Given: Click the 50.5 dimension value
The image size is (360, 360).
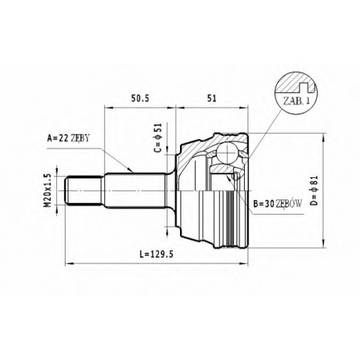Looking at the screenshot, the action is (x=140, y=98).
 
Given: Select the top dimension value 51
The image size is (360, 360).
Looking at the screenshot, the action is (x=212, y=98).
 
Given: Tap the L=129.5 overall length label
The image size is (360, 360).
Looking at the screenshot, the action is (x=156, y=254).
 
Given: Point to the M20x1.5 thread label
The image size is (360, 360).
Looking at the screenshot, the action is (x=48, y=191).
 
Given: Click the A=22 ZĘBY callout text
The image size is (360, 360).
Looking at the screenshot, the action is (x=68, y=138).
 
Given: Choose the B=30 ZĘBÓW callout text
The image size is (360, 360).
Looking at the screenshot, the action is (x=277, y=204).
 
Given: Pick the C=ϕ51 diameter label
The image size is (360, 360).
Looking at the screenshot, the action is (x=158, y=138).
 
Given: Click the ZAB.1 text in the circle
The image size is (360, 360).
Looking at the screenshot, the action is (x=297, y=101).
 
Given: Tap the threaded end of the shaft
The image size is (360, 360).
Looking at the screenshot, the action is (x=84, y=191).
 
